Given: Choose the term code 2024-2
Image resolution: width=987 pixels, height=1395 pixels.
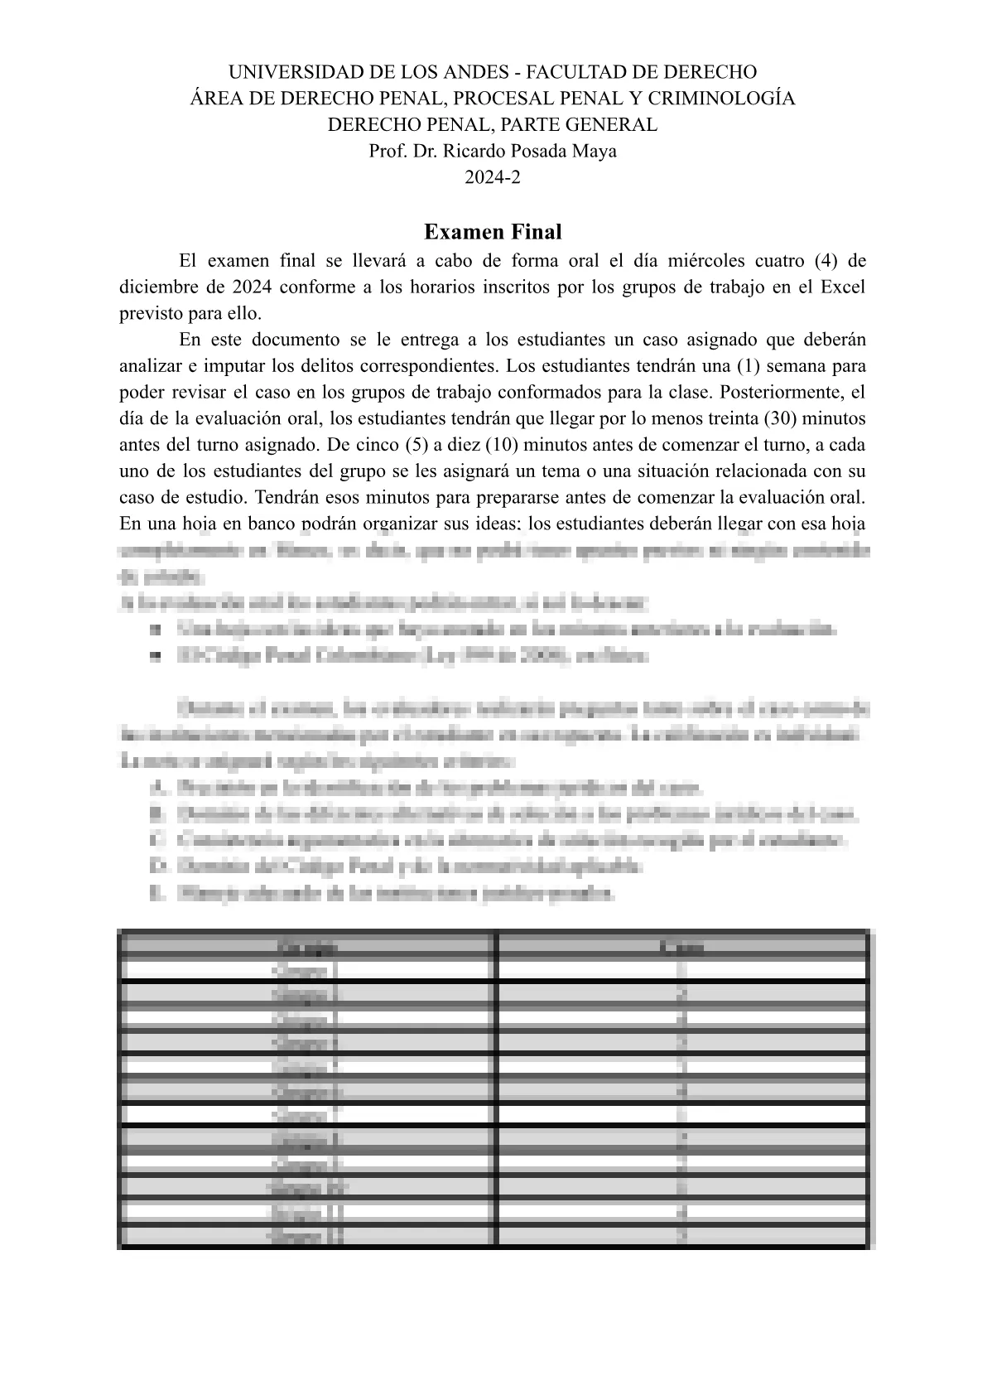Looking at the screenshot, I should (x=493, y=177).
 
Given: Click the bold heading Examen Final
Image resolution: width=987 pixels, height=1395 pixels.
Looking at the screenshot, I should (x=493, y=232).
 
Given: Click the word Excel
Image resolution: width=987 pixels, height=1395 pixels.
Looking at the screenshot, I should (x=843, y=288).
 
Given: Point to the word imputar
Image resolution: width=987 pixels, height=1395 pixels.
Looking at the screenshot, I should (x=210, y=366).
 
